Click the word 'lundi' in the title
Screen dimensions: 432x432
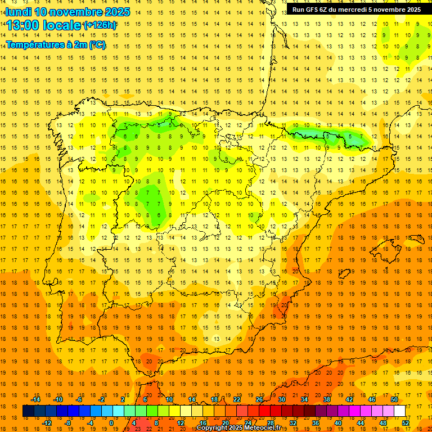click(19, 12)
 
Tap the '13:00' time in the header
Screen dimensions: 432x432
click(23, 25)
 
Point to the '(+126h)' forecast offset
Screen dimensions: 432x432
click(100, 25)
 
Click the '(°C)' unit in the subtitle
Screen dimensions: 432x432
click(97, 44)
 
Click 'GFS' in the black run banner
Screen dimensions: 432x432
click(314, 10)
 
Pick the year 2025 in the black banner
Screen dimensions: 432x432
click(409, 10)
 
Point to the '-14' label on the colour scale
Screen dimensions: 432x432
click(36, 399)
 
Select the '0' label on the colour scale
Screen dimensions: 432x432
click(111, 422)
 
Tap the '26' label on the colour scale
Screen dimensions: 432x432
click(259, 399)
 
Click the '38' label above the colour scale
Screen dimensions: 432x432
click(327, 399)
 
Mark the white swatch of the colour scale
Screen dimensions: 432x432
click(400, 411)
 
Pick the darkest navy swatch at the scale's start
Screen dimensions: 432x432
click(29, 411)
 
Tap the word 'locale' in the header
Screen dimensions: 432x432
click(62, 25)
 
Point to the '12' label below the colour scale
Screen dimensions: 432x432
click(181, 422)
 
